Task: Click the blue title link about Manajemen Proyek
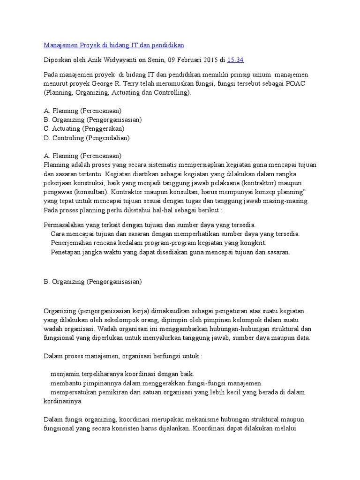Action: pos(114,45)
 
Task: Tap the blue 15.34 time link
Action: pos(235,60)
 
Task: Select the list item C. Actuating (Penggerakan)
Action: pos(84,128)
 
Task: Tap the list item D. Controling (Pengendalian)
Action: pos(87,138)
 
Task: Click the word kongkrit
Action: pos(254,243)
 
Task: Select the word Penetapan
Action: pos(65,252)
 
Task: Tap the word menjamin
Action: pos(64,374)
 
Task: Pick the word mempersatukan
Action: pos(73,392)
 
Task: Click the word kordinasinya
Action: pos(63,401)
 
